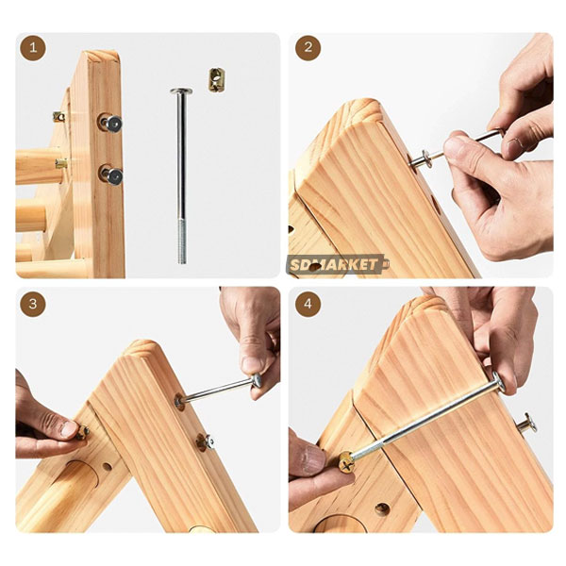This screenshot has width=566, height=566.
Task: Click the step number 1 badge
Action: [x=33, y=47]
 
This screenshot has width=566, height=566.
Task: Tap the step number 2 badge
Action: [x=308, y=47]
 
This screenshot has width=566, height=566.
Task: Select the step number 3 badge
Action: [x=33, y=304]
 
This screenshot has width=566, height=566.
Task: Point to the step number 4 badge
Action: [x=308, y=304]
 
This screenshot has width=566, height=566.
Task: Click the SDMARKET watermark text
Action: [x=334, y=265]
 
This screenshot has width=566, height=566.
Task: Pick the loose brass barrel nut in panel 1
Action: [x=217, y=80]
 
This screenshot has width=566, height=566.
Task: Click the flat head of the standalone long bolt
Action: [x=181, y=91]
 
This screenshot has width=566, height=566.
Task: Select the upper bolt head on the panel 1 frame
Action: [x=113, y=124]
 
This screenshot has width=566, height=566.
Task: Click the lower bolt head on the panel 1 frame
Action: [x=114, y=176]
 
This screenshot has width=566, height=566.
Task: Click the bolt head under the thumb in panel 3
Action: [x=257, y=381]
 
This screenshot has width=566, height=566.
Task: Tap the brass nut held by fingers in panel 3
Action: [x=82, y=432]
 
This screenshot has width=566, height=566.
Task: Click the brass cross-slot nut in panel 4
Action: [x=346, y=462]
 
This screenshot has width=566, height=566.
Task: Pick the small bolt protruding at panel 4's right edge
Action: [x=526, y=424]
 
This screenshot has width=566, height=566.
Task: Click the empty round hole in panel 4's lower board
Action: [x=382, y=509]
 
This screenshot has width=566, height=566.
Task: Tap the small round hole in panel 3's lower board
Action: [x=108, y=467]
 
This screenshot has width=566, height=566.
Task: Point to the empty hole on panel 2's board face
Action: [x=436, y=205]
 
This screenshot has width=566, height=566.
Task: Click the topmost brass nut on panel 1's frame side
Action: [x=58, y=117]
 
